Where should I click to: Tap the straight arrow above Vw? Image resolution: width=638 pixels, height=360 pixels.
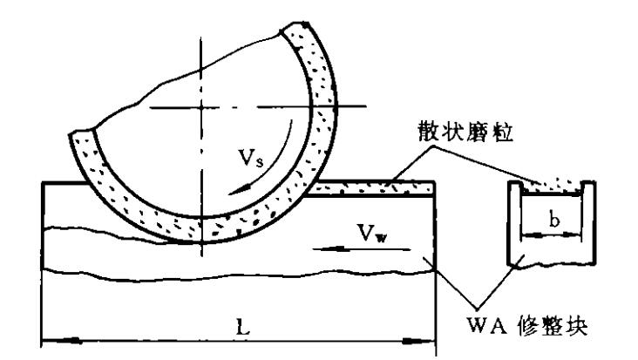(349, 248)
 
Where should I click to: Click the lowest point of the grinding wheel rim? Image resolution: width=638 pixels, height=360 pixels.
(202, 232)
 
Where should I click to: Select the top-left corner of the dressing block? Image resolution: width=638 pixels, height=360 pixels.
(44, 183)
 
